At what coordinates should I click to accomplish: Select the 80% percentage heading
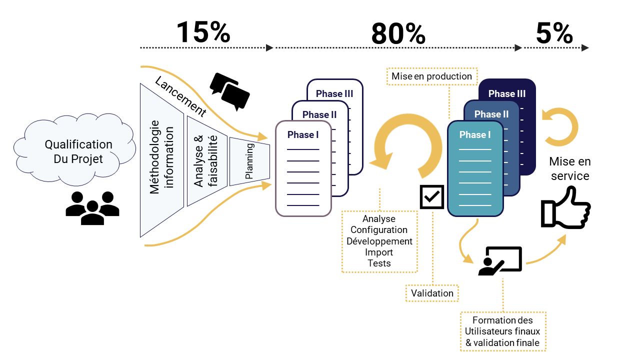click(x=398, y=34)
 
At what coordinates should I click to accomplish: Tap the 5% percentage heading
click(x=554, y=33)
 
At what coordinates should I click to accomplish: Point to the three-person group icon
click(x=92, y=207)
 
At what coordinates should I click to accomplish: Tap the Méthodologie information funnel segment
click(x=162, y=157)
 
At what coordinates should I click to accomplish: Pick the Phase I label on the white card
click(x=303, y=134)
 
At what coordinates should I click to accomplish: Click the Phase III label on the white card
click(x=334, y=93)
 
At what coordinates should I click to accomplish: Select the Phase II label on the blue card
click(x=491, y=114)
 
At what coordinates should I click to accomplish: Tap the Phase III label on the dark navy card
click(x=507, y=93)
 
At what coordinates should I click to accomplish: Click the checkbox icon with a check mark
click(x=431, y=196)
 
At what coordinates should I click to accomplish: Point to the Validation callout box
click(x=432, y=293)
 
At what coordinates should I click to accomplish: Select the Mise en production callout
click(x=431, y=76)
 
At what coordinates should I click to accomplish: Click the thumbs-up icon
click(x=565, y=208)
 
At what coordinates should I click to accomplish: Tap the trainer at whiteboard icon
click(x=499, y=260)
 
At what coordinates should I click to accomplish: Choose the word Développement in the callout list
click(x=379, y=241)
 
